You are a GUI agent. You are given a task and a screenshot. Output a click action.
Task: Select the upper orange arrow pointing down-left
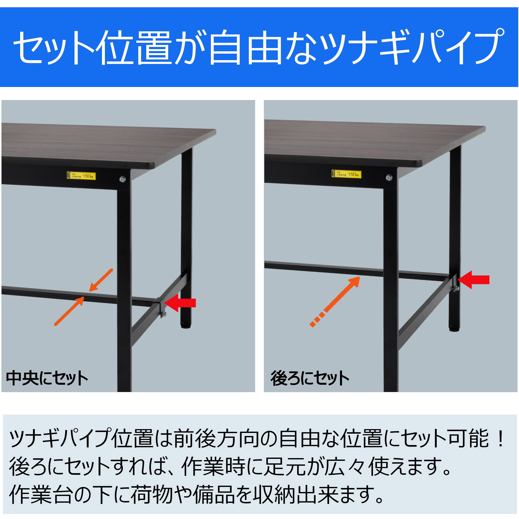click(101, 280)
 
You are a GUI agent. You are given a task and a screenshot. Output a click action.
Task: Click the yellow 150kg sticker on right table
click(346, 174)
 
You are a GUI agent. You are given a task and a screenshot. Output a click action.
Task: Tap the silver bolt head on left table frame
click(123, 179)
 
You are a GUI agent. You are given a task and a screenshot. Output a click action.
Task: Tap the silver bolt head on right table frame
click(389, 177)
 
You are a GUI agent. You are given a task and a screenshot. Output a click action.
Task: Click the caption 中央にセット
click(47, 379)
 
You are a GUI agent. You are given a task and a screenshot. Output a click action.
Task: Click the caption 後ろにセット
click(310, 379)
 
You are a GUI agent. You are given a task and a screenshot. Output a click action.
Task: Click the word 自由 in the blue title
click(245, 48)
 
